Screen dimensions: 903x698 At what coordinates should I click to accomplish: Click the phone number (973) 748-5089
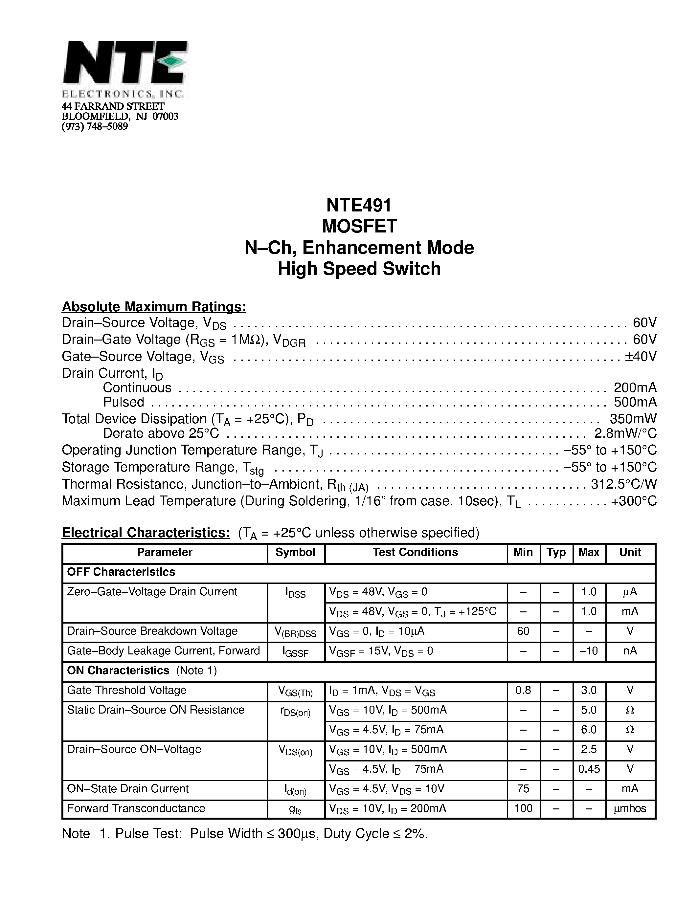(95, 126)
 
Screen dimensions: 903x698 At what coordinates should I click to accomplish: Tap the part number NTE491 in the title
(358, 205)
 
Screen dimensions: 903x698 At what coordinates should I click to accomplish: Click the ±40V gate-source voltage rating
(640, 356)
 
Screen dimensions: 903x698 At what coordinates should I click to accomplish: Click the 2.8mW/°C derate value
(625, 433)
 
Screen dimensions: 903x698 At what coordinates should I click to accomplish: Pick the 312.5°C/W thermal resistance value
(623, 484)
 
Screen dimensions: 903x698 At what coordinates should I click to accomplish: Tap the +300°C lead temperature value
(634, 501)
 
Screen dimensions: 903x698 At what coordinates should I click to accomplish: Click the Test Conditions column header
(415, 552)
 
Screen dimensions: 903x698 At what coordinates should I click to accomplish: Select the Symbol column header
(295, 552)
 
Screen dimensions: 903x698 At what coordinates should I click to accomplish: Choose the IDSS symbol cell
(295, 594)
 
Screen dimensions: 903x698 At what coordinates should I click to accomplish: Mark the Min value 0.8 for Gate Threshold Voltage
(523, 690)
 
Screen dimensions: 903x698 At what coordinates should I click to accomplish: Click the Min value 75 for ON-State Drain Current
(523, 788)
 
